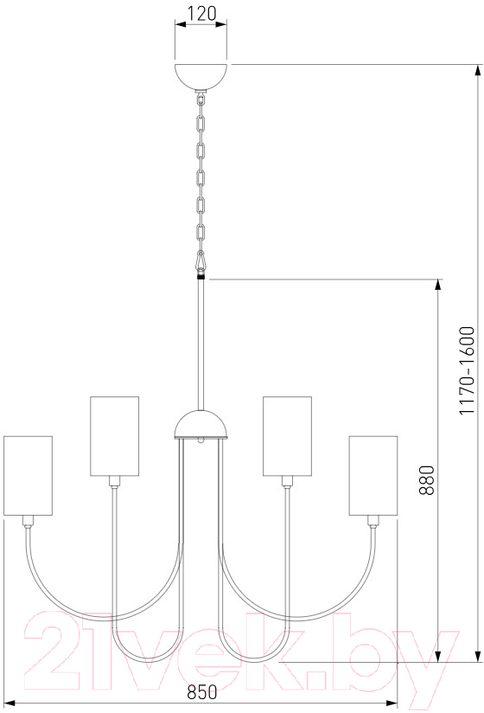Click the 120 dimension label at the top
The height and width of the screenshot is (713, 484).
pyautogui.click(x=201, y=13)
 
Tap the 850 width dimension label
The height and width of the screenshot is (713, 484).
pyautogui.click(x=202, y=692)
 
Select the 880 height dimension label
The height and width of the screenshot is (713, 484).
pyautogui.click(x=427, y=479)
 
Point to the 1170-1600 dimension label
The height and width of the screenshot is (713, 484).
pyautogui.click(x=467, y=370)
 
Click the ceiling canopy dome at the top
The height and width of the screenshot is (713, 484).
pyautogui.click(x=201, y=78)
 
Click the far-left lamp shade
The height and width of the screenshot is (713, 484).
pyautogui.click(x=29, y=476)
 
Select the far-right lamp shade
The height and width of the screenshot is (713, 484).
pyautogui.click(x=373, y=476)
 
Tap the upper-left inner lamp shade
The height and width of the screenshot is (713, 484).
pyautogui.click(x=114, y=436)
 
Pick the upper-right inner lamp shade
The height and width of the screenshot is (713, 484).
pyautogui.click(x=288, y=436)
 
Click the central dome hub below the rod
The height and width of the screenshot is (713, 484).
pyautogui.click(x=201, y=425)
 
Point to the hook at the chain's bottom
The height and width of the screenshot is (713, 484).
pyautogui.click(x=201, y=261)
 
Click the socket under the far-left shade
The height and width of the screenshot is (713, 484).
pyautogui.click(x=29, y=521)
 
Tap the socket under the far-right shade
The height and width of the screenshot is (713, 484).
pyautogui.click(x=373, y=521)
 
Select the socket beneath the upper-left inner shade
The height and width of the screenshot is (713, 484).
pyautogui.click(x=114, y=482)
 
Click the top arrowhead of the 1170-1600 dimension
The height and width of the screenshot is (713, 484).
pyautogui.click(x=477, y=72)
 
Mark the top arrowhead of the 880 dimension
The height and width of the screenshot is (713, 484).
pyautogui.click(x=437, y=286)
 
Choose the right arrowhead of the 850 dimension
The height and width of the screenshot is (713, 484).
pyautogui.click(x=391, y=703)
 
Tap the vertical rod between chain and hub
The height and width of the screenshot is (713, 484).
pyautogui.click(x=201, y=344)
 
